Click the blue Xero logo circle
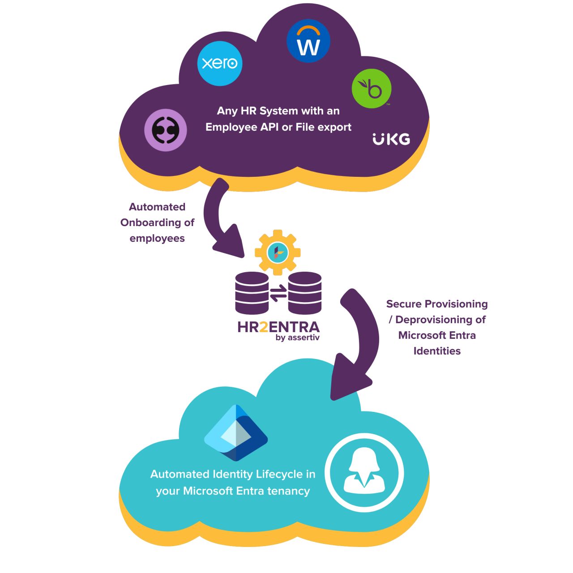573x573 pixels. coord(220,63)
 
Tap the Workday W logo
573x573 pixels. coord(308,41)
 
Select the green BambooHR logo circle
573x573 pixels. coord(372,89)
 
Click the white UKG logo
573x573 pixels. coord(391,139)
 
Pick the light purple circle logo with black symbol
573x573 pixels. coord(166,130)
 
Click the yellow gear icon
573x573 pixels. coord(278,252)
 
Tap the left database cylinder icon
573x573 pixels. coord(252,293)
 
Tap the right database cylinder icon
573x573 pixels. coord(304,293)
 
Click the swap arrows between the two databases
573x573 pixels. coord(278,293)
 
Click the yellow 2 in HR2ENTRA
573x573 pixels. coord(264,327)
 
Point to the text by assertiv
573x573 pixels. coord(297,338)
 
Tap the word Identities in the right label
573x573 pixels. coord(437,351)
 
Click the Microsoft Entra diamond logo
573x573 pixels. coord(236,432)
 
